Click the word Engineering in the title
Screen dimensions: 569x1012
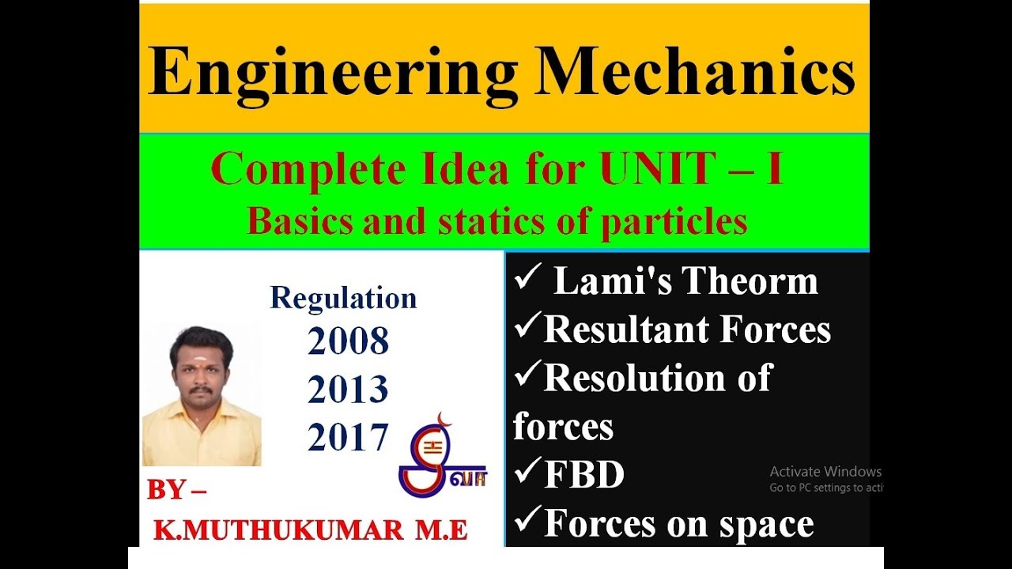[x=332, y=73]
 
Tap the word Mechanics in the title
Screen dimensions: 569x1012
[x=696, y=73]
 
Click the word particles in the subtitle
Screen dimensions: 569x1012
[x=674, y=222]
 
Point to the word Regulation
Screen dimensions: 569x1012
[x=343, y=298]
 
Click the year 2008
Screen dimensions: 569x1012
[x=348, y=341]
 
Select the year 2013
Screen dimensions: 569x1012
[x=348, y=390]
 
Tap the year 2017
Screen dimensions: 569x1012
[x=348, y=437]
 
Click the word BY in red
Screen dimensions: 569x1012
[x=167, y=490]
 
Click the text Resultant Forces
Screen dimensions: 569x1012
[x=687, y=330]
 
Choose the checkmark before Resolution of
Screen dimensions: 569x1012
[x=527, y=377]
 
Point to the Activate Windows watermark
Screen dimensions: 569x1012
[x=825, y=472]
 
